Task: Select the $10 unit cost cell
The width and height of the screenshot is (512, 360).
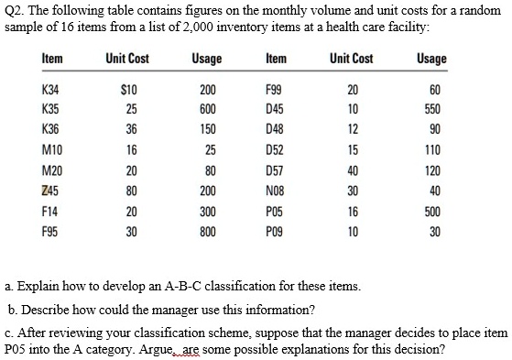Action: click(x=127, y=93)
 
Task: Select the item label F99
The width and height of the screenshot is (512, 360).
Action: click(x=273, y=93)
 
